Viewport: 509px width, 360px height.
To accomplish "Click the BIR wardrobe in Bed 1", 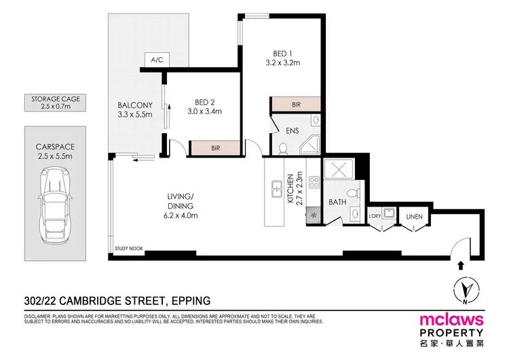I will pos(295,104).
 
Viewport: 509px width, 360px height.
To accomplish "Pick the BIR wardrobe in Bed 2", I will pos(215,147).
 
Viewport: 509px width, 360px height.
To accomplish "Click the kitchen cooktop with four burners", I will pos(314,182).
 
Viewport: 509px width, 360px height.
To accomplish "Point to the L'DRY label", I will pos(375,216).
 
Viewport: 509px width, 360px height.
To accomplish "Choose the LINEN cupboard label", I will pos(413,216).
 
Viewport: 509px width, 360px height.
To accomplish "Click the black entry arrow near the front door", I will pos(463,265).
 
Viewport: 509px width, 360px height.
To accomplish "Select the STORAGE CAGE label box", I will pos(56,103).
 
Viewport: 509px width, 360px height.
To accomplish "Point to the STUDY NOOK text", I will pos(128,249).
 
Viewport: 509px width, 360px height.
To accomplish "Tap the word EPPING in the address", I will pos(185,300).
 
